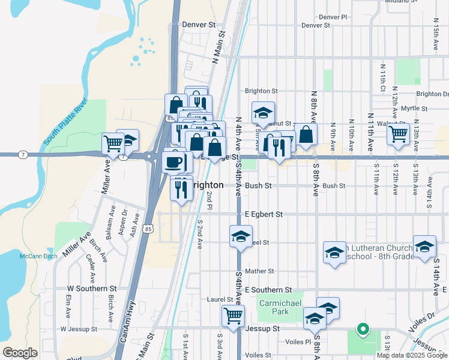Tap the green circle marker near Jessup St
tap(362, 329)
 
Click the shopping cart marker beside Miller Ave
tap(113, 144)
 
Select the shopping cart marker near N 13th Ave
tap(398, 134)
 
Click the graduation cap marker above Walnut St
tap(263, 113)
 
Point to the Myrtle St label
tap(414, 109)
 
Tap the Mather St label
tap(259, 271)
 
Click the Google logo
tap(20, 353)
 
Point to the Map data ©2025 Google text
tap(412, 355)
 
